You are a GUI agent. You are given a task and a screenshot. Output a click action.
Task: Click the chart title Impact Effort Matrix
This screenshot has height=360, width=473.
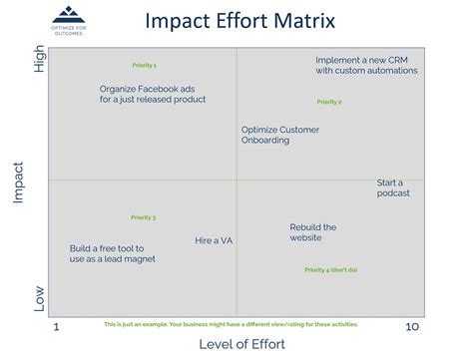click(239, 20)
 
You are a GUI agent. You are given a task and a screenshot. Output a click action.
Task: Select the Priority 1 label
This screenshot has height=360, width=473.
click(144, 65)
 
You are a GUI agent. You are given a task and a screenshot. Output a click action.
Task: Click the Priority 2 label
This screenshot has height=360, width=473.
click(329, 102)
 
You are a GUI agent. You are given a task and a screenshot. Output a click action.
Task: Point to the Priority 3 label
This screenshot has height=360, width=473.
click(143, 217)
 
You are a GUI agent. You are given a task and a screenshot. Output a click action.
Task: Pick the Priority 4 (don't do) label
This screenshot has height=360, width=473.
click(330, 270)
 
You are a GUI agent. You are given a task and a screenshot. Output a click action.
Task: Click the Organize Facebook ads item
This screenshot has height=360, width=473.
click(153, 94)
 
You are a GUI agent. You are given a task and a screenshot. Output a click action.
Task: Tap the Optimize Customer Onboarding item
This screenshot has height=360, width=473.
click(279, 135)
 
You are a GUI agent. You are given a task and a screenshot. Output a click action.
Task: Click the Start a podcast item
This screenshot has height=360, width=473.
click(392, 187)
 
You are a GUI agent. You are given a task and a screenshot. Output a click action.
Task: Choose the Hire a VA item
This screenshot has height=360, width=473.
click(214, 240)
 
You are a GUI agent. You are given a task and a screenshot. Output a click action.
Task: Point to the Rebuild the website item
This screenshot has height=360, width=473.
click(312, 232)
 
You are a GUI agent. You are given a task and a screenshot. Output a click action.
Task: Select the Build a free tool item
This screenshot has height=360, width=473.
click(112, 253)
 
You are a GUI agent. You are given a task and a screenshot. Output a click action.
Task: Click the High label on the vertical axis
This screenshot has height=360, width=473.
click(40, 62)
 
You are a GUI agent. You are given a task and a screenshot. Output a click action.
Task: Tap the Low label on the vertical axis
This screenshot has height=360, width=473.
click(40, 298)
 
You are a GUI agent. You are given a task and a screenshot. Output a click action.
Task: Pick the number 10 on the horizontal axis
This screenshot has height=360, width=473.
click(410, 327)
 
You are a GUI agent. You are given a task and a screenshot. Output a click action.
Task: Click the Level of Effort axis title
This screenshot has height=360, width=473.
click(242, 344)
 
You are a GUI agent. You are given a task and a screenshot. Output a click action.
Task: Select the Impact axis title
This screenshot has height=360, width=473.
click(18, 182)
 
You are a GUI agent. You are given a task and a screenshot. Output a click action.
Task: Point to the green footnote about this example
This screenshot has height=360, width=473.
click(231, 324)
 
